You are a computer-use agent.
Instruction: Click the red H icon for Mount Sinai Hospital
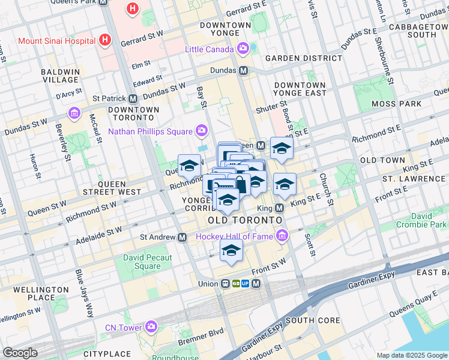tap(106, 40)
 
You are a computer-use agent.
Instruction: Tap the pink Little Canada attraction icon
tap(243, 48)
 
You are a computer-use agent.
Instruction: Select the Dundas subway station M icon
tap(244, 70)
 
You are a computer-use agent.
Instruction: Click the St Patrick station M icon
tap(133, 98)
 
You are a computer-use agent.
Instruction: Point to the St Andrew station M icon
tap(182, 237)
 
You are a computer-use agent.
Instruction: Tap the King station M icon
tap(279, 208)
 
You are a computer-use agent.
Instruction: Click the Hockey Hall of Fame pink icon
tap(280, 236)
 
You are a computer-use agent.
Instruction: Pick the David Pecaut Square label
tap(147, 262)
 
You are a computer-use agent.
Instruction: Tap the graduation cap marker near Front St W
tap(231, 251)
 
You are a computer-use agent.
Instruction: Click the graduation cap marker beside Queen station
tap(281, 148)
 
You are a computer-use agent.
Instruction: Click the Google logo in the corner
tap(20, 353)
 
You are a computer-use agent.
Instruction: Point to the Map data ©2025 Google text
tap(411, 355)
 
